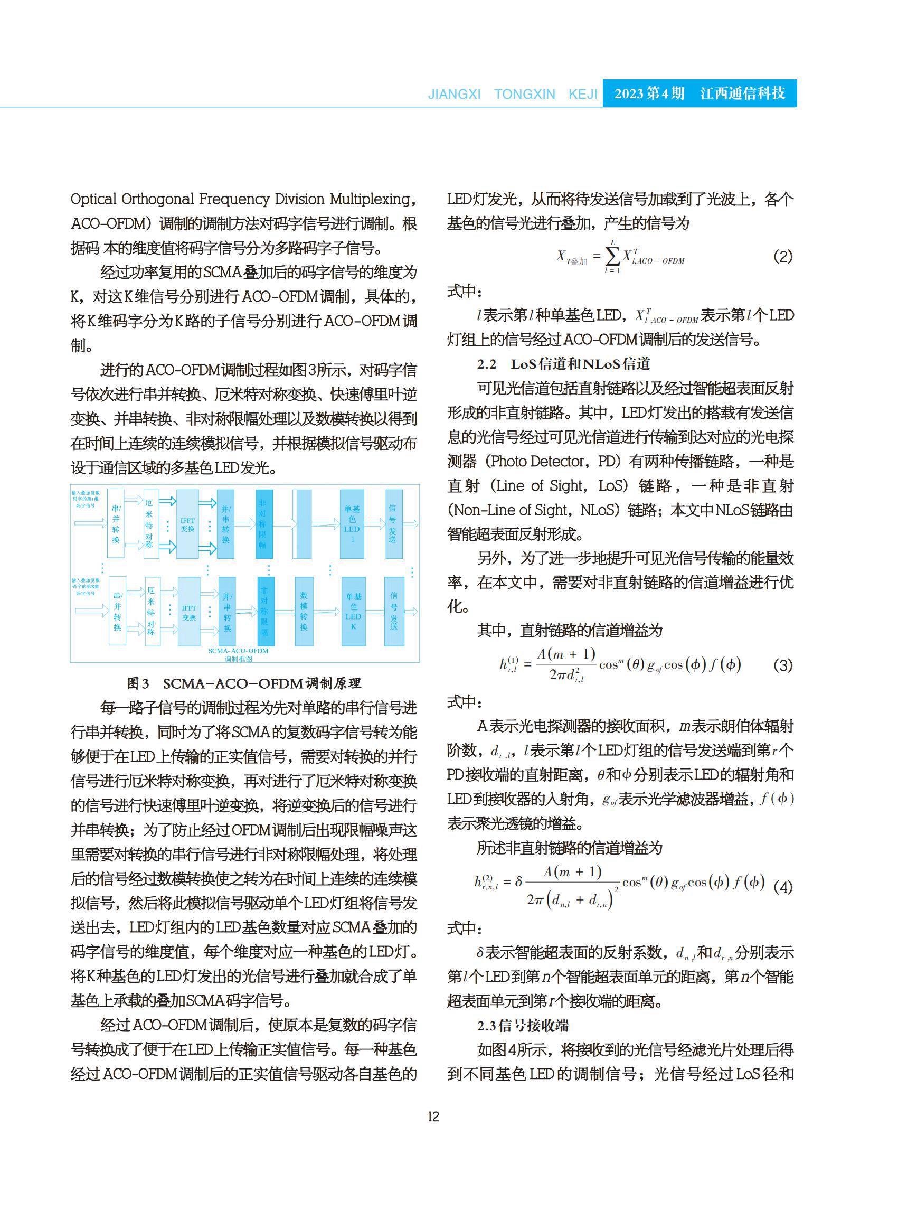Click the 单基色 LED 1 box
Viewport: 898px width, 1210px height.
352,524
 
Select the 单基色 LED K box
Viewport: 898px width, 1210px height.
353,611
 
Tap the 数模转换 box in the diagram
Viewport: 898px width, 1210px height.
304,611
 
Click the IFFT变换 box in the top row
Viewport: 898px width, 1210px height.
187,524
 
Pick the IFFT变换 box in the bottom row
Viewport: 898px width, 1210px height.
188,612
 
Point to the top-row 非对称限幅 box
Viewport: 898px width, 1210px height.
263,524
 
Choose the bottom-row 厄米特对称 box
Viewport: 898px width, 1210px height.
152,611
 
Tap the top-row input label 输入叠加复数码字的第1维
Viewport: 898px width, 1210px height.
86,499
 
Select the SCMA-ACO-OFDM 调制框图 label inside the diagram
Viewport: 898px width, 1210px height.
239,654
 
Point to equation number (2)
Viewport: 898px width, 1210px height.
783,256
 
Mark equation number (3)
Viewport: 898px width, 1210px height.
783,664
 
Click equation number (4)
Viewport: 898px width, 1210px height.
783,887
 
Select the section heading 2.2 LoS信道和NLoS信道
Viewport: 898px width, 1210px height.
563,364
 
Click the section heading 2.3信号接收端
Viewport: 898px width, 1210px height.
523,1026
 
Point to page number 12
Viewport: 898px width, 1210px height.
433,1117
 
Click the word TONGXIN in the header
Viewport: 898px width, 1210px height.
525,94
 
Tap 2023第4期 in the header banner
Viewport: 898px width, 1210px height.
649,93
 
